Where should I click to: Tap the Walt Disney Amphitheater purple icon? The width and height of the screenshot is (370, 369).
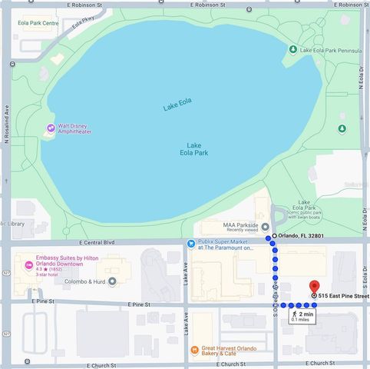tap(51, 128)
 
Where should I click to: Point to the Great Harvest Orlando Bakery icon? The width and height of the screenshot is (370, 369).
tap(194, 350)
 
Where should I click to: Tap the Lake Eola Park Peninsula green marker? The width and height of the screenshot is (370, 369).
tap(292, 50)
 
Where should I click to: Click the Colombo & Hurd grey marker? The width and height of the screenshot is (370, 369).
tap(113, 281)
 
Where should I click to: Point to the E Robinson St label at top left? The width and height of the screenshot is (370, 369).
tap(90, 4)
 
